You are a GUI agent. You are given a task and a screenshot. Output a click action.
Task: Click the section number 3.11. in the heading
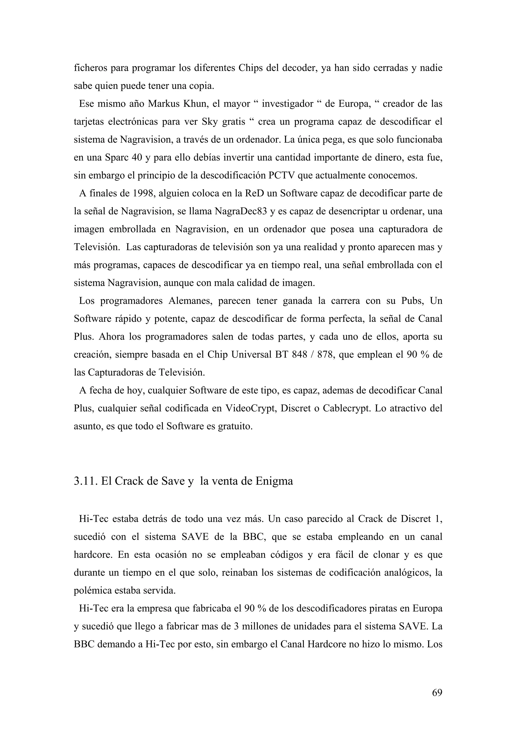point(86,481)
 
